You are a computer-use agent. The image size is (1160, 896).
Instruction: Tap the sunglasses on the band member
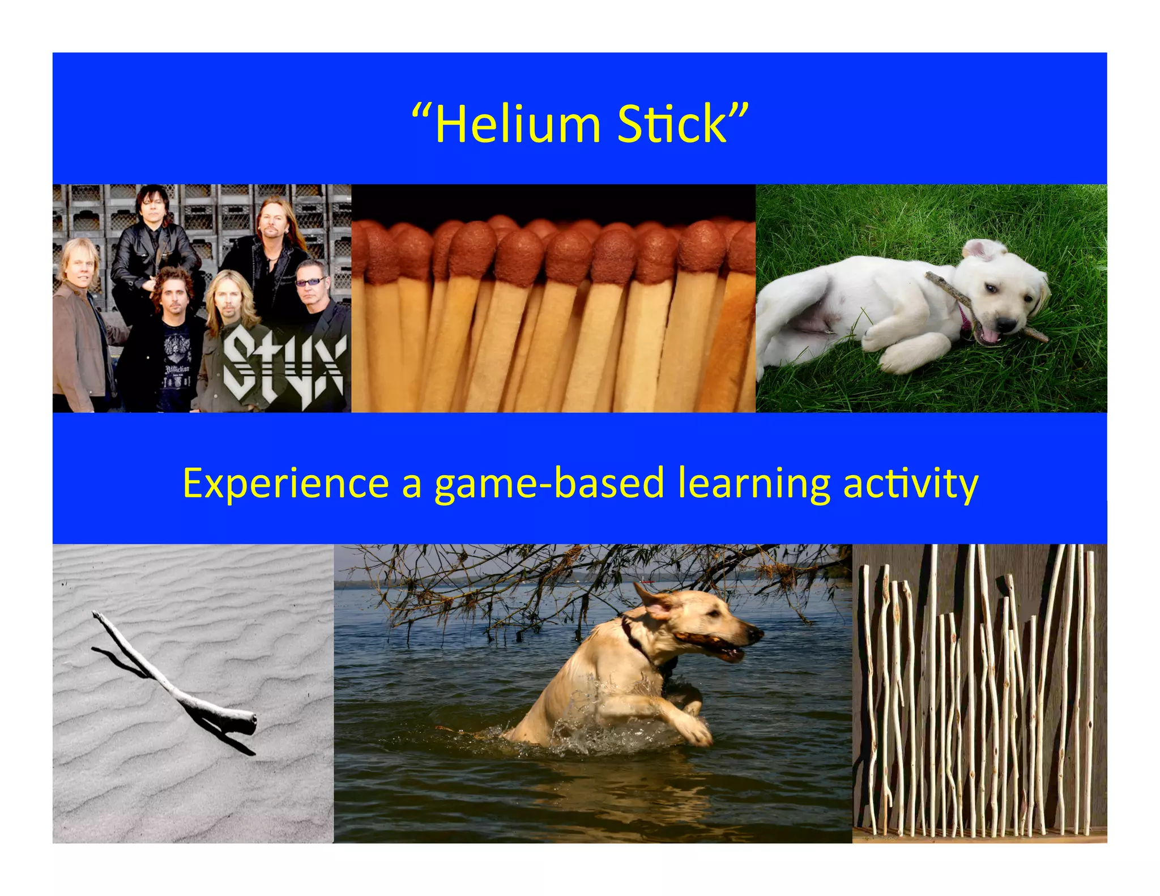coord(310,281)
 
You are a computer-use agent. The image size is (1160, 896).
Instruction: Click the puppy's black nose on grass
coord(1005,325)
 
